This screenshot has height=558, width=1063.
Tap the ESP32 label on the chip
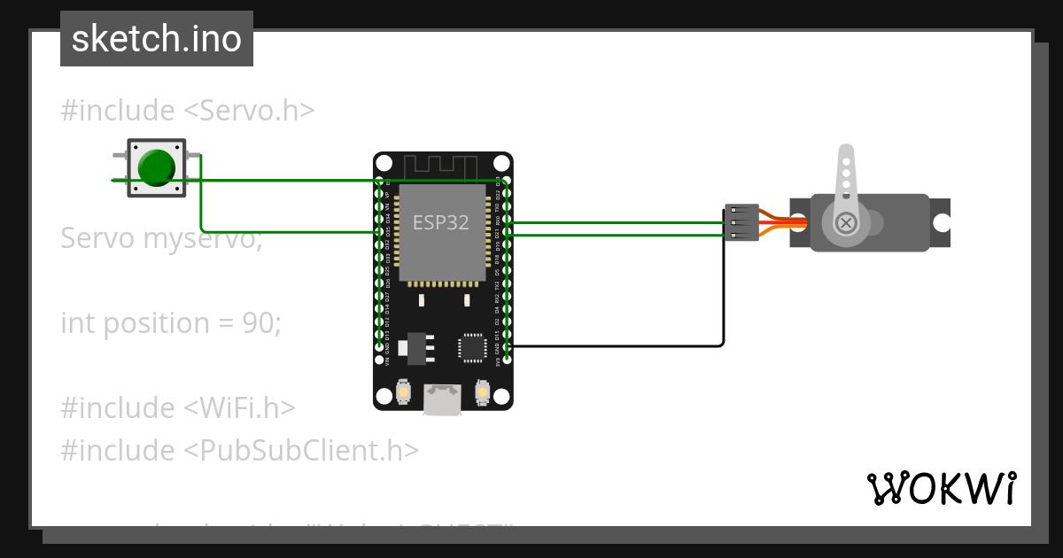[440, 222]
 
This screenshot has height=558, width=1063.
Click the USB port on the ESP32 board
[443, 399]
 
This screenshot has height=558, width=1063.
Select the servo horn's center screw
[846, 222]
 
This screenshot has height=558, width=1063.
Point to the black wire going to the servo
[620, 345]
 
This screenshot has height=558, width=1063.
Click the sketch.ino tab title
[157, 39]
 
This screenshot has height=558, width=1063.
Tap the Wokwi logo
[941, 488]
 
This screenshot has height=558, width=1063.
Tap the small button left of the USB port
[404, 391]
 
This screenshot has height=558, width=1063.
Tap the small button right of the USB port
[483, 391]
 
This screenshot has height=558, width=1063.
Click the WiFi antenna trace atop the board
[440, 166]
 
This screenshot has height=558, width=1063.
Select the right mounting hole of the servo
[941, 222]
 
